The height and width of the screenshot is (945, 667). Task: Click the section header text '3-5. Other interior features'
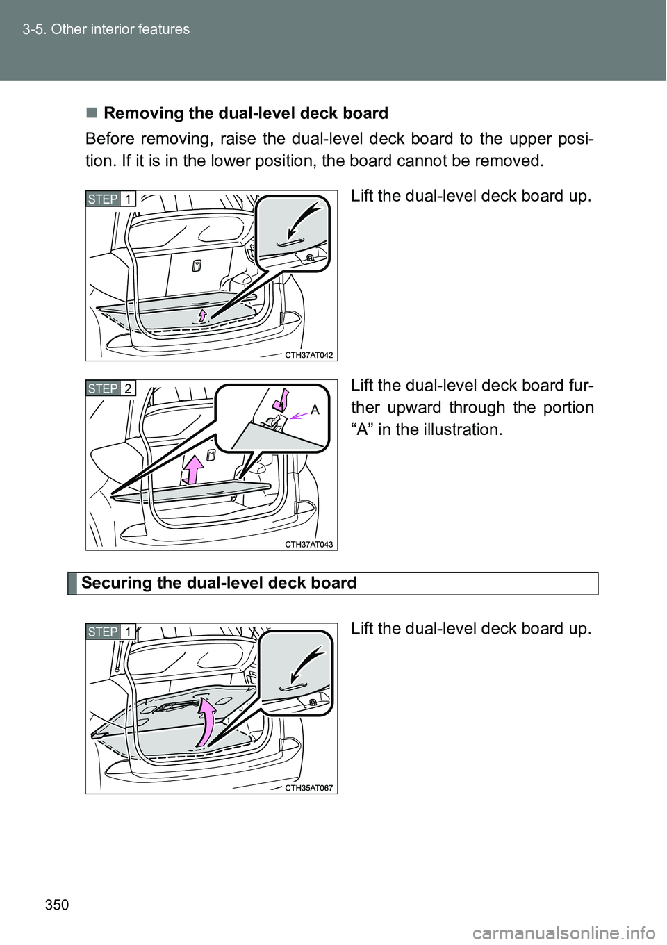pyautogui.click(x=106, y=29)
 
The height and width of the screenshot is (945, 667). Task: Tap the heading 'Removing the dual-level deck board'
pyautogui.click(x=245, y=113)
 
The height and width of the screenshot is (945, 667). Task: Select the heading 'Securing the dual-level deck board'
pyautogui.click(x=219, y=583)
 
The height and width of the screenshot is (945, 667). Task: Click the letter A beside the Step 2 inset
pyautogui.click(x=315, y=410)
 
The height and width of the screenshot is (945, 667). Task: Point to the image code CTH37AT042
pyautogui.click(x=308, y=355)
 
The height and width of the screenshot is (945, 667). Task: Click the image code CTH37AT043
pyautogui.click(x=308, y=545)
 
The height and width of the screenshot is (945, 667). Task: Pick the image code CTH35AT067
pyautogui.click(x=308, y=788)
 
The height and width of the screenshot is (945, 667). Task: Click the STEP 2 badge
pyautogui.click(x=111, y=388)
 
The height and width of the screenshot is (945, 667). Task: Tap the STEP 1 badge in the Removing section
pyautogui.click(x=111, y=199)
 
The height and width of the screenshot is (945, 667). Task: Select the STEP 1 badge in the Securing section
pyautogui.click(x=111, y=632)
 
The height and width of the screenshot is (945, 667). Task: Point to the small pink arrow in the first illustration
pyautogui.click(x=203, y=315)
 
